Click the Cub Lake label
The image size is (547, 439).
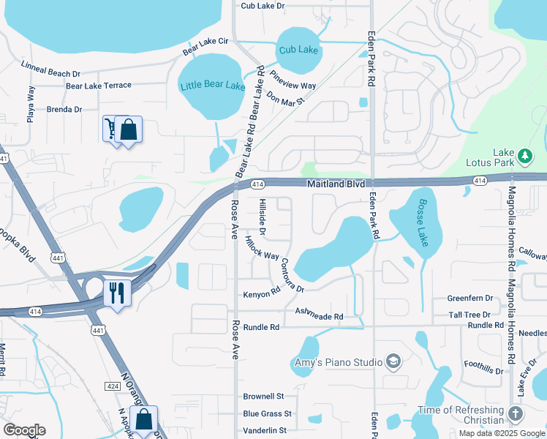(298, 50)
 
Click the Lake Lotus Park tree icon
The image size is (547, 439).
(524, 156)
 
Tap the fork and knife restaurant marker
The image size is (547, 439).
(117, 293)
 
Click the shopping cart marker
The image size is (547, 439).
(111, 130)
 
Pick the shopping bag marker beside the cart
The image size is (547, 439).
(128, 130)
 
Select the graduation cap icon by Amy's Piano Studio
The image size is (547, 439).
(393, 361)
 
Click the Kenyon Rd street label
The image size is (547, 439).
(262, 293)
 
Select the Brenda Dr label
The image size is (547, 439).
(64, 109)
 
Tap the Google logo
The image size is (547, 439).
(24, 430)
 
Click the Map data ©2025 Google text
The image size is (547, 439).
(502, 433)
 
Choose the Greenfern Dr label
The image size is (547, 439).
(469, 299)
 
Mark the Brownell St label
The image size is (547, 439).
(263, 396)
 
